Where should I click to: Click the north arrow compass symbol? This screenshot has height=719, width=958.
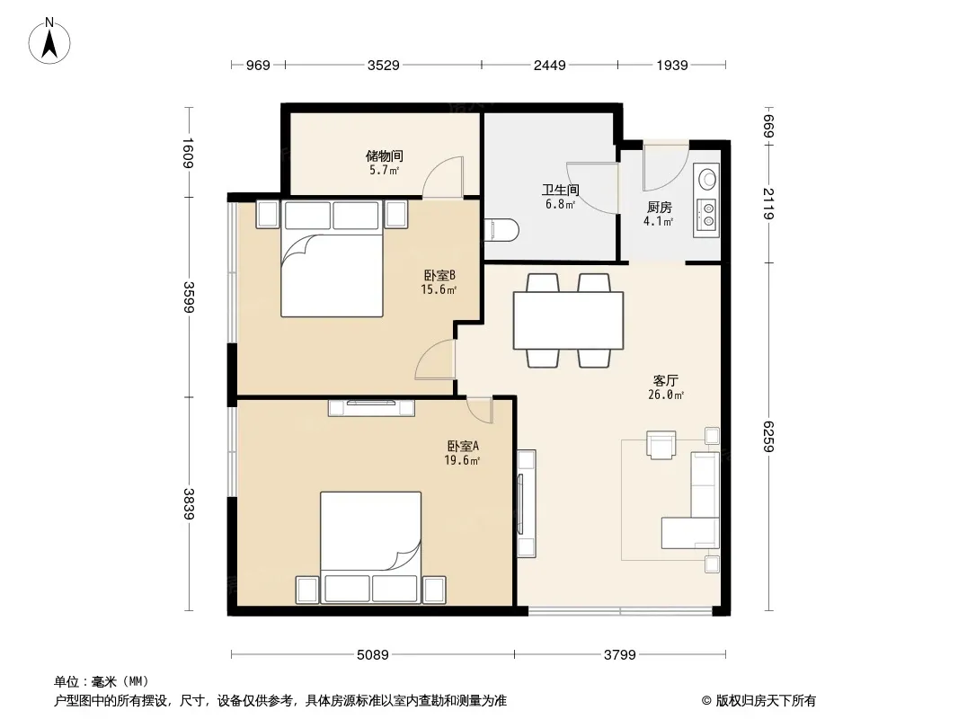[49, 41]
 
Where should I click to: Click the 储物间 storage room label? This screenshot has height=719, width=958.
[385, 155]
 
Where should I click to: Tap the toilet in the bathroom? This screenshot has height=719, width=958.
[501, 230]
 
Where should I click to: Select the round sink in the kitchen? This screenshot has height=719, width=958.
[707, 179]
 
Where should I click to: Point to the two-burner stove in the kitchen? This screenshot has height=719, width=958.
[707, 214]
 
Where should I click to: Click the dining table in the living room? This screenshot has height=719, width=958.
[568, 320]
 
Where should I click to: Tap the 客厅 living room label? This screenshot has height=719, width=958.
[665, 380]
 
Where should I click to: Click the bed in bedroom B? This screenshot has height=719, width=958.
[332, 258]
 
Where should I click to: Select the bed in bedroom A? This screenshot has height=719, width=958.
[371, 547]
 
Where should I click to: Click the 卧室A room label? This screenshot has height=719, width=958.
[463, 447]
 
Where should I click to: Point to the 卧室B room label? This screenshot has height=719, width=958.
[439, 276]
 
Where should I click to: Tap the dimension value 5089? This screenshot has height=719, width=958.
[373, 655]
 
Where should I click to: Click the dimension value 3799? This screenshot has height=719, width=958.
[620, 655]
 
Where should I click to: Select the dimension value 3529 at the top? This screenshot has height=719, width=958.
[383, 65]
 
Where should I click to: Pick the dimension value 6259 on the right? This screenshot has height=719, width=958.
[768, 436]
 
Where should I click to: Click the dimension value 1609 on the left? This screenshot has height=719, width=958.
[188, 153]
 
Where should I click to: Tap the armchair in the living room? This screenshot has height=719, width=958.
[661, 445]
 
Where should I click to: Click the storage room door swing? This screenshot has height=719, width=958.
[443, 177]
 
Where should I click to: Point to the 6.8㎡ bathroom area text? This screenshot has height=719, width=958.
[560, 205]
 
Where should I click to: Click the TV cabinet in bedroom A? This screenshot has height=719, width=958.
[371, 407]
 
